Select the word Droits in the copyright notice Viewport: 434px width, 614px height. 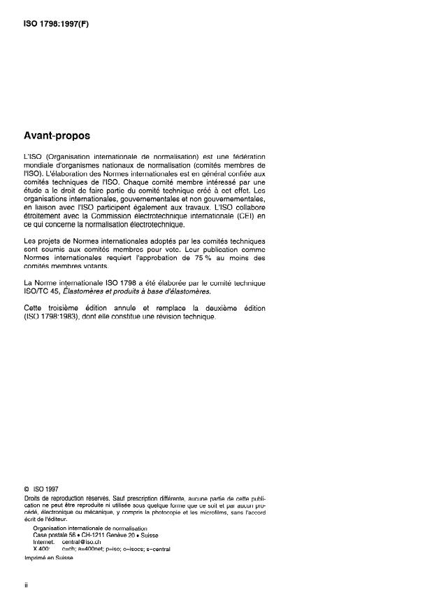pos(32,497)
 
